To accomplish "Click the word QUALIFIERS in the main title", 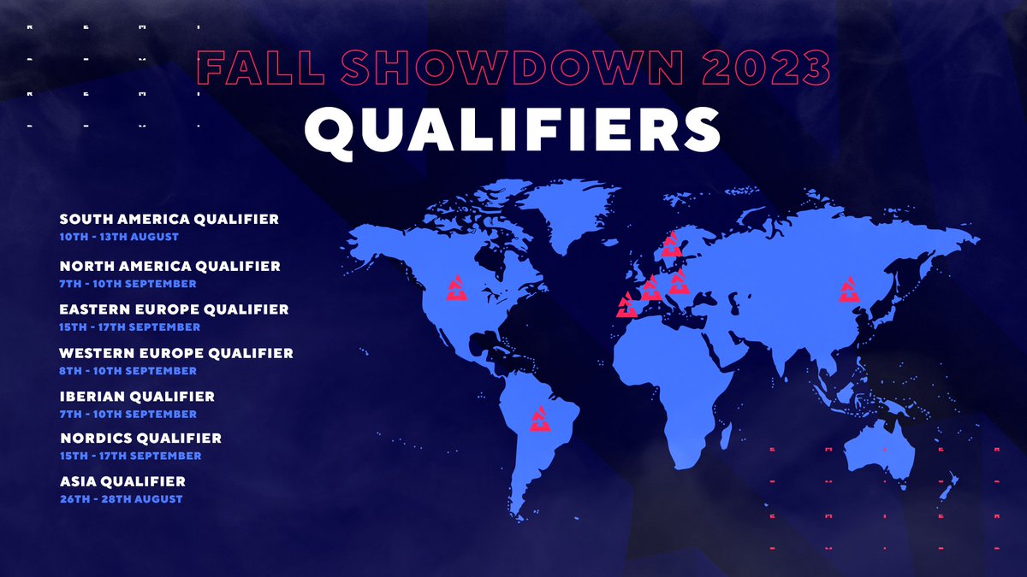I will [x=513, y=131].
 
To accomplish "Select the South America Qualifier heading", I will [x=169, y=219].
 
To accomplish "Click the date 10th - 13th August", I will [x=119, y=236].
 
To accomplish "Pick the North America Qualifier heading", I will [x=169, y=266].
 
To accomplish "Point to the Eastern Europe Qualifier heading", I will [x=174, y=309].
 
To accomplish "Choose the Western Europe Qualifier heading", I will [x=176, y=352].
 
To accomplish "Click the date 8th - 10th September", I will [x=128, y=370].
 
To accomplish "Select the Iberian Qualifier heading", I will [x=137, y=397].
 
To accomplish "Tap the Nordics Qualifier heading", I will [x=140, y=438].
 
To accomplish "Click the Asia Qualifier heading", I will [x=122, y=481].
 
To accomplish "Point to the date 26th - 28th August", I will [x=121, y=498].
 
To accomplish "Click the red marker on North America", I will [x=456, y=289].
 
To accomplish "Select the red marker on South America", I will [x=540, y=418].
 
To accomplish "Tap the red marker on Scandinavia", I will [x=672, y=244].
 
